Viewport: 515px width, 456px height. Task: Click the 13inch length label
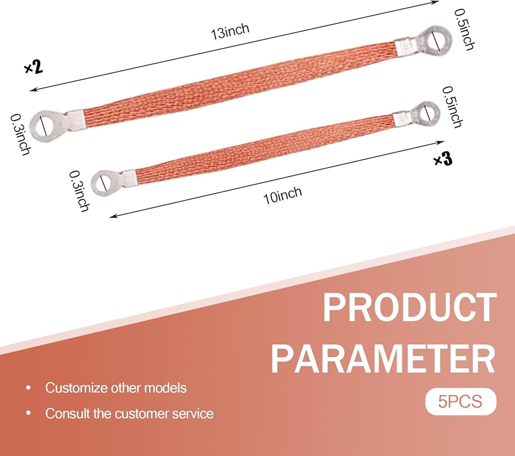point(230,31)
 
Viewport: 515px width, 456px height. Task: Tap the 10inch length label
point(282,195)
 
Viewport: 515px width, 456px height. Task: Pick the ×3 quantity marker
point(443,159)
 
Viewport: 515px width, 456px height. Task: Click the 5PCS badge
point(460,401)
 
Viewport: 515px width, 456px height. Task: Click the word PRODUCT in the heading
point(409,308)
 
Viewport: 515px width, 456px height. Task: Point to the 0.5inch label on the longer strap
point(465,29)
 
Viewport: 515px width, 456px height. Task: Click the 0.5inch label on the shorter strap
point(453,107)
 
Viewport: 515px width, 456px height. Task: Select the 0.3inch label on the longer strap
point(21,134)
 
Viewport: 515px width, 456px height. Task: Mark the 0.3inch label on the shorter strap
point(79,191)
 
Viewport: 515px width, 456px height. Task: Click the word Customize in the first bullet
point(76,388)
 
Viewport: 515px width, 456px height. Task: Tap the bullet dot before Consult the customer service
point(28,413)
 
